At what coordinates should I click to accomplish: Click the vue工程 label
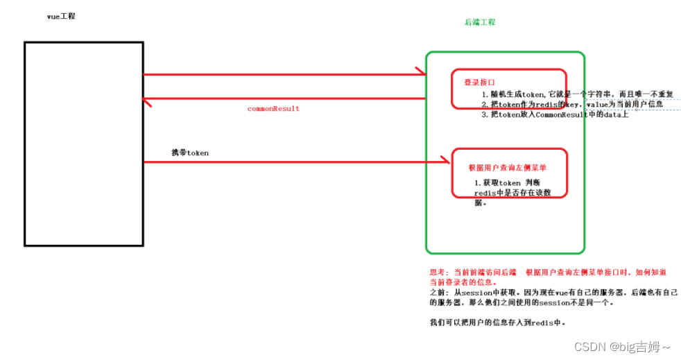click(61, 16)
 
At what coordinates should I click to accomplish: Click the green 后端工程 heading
click(480, 22)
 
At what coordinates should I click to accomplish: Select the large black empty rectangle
click(84, 144)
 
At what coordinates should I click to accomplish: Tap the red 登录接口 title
click(480, 82)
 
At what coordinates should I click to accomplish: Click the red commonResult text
click(273, 109)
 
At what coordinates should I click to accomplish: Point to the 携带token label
click(190, 153)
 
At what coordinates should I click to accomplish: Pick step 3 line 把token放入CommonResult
click(555, 114)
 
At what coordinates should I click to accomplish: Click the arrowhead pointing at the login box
click(420, 71)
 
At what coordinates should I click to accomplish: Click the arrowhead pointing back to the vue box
click(146, 99)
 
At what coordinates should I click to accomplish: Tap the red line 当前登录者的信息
click(463, 282)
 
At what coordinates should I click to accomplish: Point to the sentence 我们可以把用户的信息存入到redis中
click(497, 323)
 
